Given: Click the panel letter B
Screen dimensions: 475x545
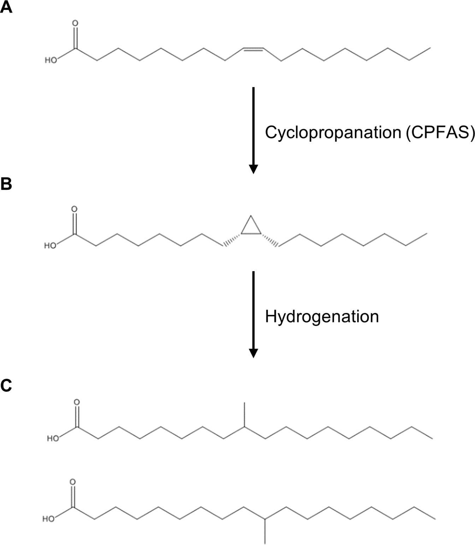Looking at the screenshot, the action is [6, 184].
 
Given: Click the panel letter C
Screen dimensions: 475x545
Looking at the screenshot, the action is [6, 386].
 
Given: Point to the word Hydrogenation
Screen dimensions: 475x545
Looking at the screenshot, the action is [322, 316].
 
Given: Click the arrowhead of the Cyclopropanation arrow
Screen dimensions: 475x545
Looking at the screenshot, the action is [253, 169].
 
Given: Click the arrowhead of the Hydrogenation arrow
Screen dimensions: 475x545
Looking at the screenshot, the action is [253, 353].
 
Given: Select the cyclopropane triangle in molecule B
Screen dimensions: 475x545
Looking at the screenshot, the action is [251, 227].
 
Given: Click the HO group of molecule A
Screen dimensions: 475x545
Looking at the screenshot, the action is [51, 60].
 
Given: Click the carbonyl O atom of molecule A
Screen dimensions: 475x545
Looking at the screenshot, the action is [75, 24].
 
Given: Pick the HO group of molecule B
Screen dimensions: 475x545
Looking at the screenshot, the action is [50, 245].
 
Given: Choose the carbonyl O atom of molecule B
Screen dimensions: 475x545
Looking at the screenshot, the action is [74, 209].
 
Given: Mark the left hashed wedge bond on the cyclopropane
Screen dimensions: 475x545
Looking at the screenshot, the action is [232, 239].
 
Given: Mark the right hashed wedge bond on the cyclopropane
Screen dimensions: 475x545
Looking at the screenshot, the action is [270, 239].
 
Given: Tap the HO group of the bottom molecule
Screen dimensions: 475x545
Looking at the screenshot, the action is [49, 519].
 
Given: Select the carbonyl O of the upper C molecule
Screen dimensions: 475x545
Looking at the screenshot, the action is [77, 402].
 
